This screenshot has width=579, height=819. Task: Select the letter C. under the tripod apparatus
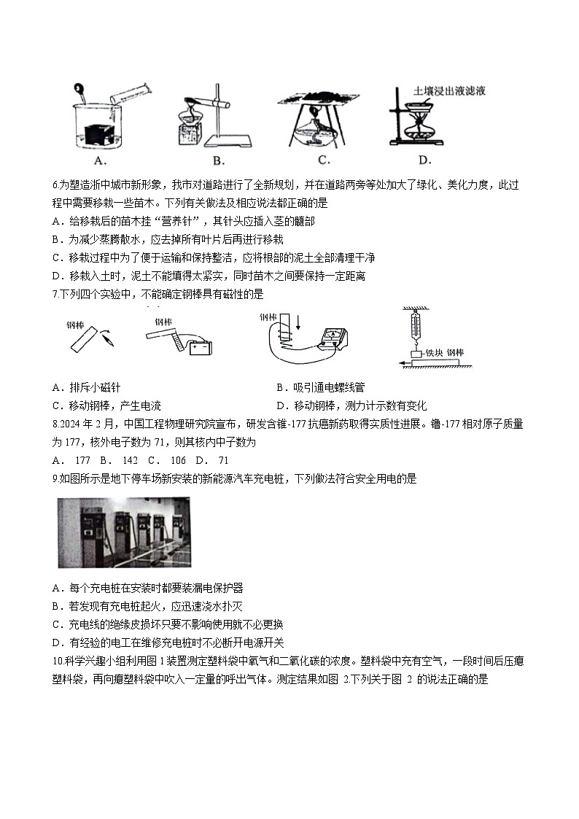(x=324, y=160)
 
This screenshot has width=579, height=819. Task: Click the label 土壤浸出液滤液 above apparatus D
(x=449, y=91)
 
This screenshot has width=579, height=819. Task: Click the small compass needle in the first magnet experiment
(x=108, y=338)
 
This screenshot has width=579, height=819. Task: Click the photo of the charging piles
(x=124, y=532)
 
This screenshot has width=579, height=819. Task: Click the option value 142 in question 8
(x=130, y=461)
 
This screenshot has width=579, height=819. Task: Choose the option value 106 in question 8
(x=176, y=461)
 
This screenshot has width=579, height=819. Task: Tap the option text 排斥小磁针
(x=98, y=387)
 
